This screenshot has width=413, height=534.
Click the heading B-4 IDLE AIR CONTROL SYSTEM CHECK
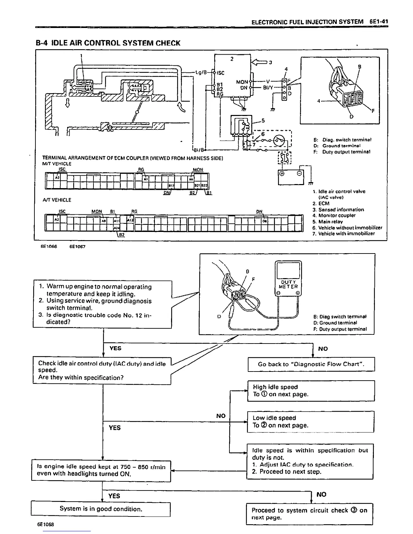click(x=108, y=43)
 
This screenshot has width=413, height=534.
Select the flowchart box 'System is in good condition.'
click(x=101, y=509)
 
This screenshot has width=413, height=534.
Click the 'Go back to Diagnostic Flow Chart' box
click(x=311, y=364)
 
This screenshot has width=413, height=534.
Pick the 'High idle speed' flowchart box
click(x=311, y=391)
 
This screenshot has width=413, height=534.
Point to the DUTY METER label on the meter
click(x=288, y=285)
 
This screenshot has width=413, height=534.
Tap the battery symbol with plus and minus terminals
click(x=291, y=177)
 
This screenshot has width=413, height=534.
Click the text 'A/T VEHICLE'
click(x=57, y=200)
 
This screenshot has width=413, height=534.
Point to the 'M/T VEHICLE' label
click(x=57, y=164)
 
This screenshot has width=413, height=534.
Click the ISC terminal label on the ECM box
click(x=220, y=73)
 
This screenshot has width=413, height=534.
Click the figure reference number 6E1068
click(x=46, y=525)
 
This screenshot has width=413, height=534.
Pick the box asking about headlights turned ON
click(x=101, y=470)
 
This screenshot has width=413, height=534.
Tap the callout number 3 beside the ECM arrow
click(x=270, y=62)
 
